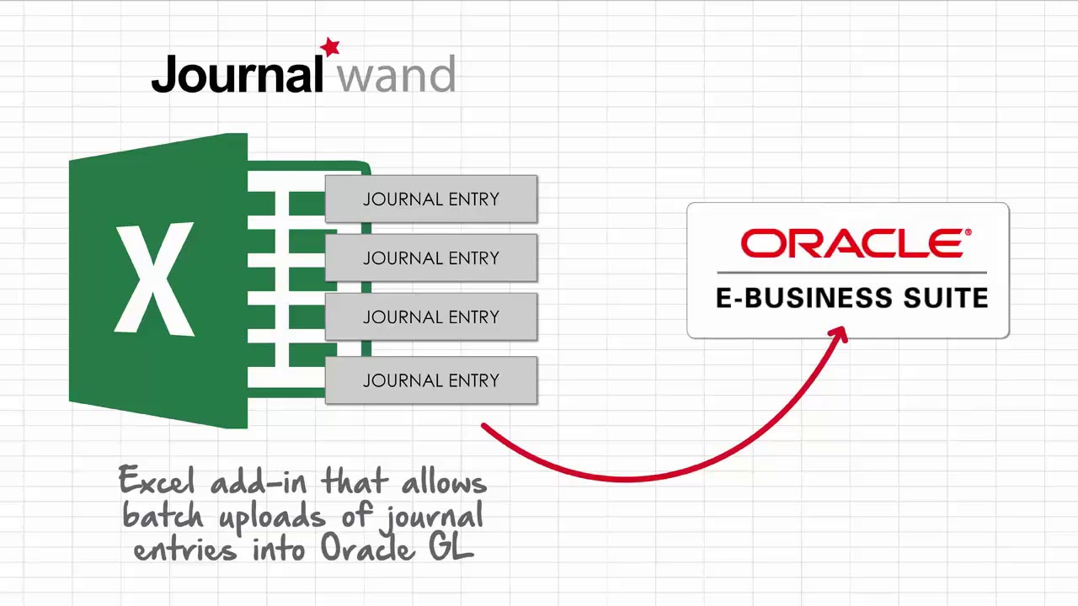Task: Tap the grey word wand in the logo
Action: [x=396, y=77]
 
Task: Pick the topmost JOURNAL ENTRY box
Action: [x=430, y=199]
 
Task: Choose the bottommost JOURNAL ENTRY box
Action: [x=430, y=380]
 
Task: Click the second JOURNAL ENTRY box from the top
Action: [x=430, y=258]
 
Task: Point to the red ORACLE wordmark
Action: [x=852, y=244]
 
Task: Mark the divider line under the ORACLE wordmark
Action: [x=851, y=273]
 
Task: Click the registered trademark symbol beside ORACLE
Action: [x=968, y=232]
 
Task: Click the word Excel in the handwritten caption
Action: [x=159, y=482]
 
